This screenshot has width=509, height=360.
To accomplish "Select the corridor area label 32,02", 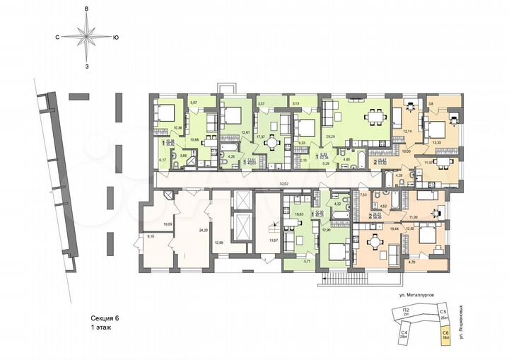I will tap(285, 184).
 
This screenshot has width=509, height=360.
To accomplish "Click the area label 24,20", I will tap(185, 229).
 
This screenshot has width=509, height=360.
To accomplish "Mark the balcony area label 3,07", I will tap(193, 104).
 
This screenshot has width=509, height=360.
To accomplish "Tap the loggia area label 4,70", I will tap(411, 263).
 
